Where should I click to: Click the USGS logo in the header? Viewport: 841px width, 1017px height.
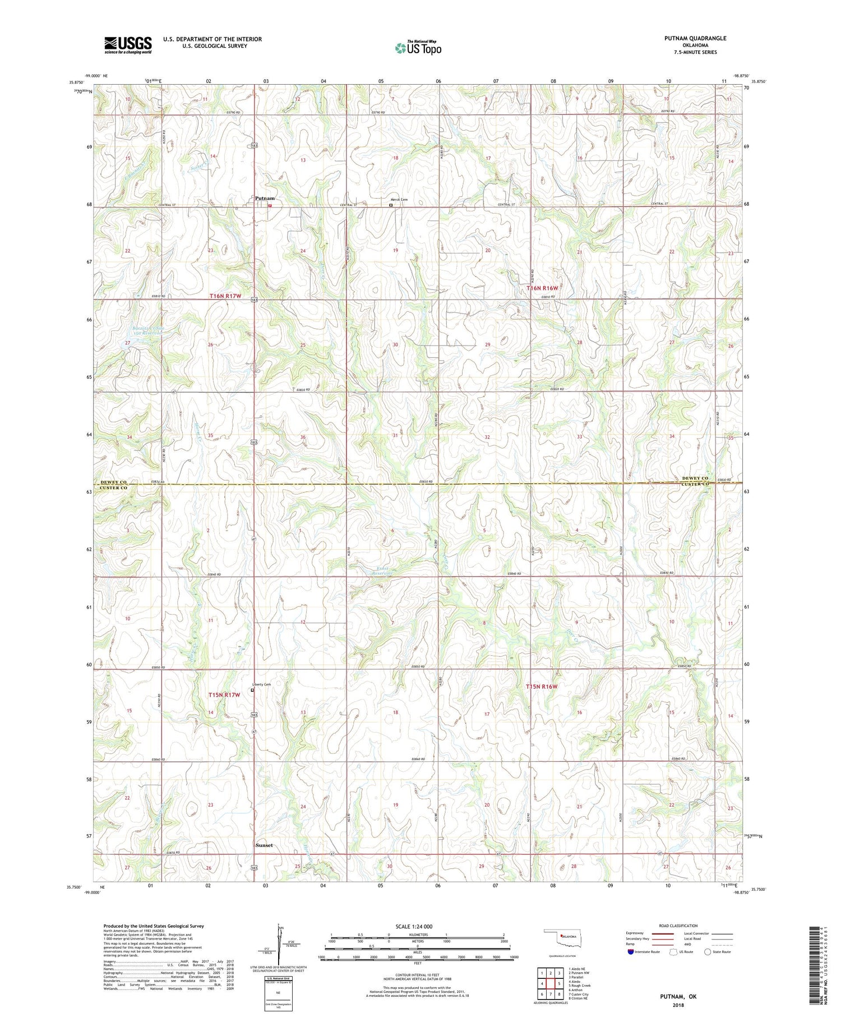(128, 45)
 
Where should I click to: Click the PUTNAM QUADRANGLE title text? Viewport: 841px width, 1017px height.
(695, 38)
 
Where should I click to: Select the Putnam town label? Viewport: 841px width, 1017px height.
(265, 199)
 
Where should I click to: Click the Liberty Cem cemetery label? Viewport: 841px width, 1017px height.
(261, 684)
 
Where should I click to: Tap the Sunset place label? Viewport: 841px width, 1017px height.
(264, 845)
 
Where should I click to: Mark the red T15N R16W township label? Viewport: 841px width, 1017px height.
(542, 686)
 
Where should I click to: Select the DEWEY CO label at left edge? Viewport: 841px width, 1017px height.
(114, 482)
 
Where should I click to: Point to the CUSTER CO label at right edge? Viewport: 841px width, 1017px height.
(695, 484)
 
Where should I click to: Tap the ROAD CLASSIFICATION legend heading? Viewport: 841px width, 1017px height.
(678, 926)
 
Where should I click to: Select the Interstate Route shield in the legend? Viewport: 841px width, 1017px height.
(631, 952)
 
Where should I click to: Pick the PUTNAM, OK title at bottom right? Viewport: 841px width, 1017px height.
(677, 996)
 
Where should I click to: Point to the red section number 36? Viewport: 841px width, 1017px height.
(303, 437)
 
